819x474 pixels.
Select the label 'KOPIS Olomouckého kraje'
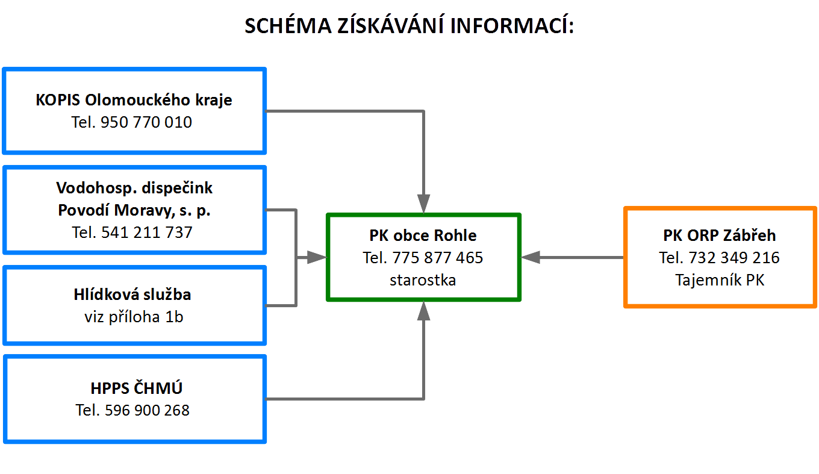tap(134, 100)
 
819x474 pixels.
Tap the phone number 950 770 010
tap(146, 122)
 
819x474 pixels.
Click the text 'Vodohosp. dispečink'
tap(134, 188)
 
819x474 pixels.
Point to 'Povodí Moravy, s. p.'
tap(134, 210)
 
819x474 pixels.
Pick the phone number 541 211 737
tap(146, 232)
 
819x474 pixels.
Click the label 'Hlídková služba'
tap(132, 295)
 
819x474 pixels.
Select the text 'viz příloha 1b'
tap(134, 317)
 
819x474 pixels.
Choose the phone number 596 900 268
tap(147, 410)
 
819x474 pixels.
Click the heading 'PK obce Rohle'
tap(423, 235)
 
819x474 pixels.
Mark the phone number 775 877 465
tap(438, 258)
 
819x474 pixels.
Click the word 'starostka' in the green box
tap(423, 280)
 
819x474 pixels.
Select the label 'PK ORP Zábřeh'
tap(720, 235)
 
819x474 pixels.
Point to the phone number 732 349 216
tap(734, 258)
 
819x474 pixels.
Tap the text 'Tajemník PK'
tap(720, 280)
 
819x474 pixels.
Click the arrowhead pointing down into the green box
tap(423, 204)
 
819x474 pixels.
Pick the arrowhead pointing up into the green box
tap(423, 311)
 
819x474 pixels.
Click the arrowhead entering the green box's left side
tap(317, 258)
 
